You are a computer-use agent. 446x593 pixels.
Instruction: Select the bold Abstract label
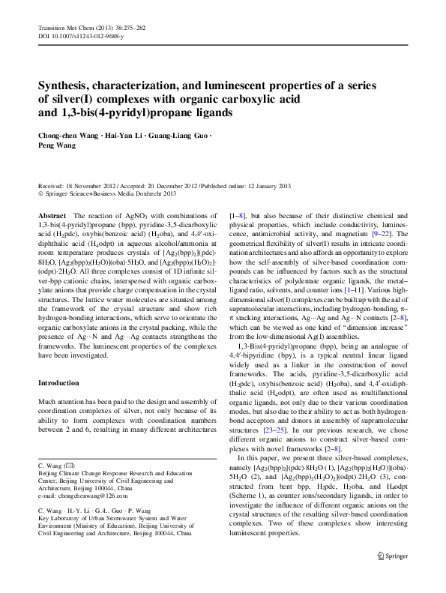point(51,214)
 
